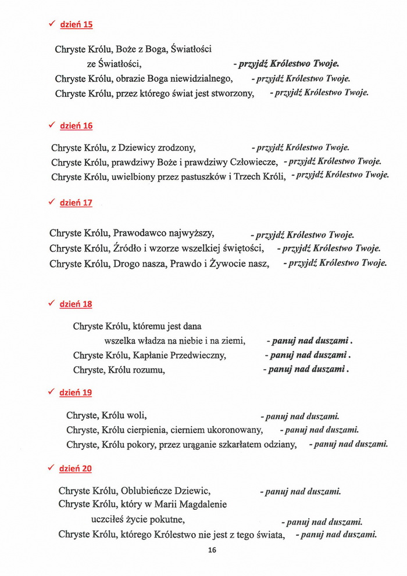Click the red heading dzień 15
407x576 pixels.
[76, 25]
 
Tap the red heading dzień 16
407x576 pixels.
[76, 126]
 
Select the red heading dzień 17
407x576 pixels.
[76, 203]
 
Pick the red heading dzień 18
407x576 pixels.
[76, 304]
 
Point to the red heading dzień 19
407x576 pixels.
[76, 393]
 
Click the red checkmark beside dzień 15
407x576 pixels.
[52, 24]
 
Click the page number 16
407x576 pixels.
[212, 550]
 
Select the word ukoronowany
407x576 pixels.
[235, 430]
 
